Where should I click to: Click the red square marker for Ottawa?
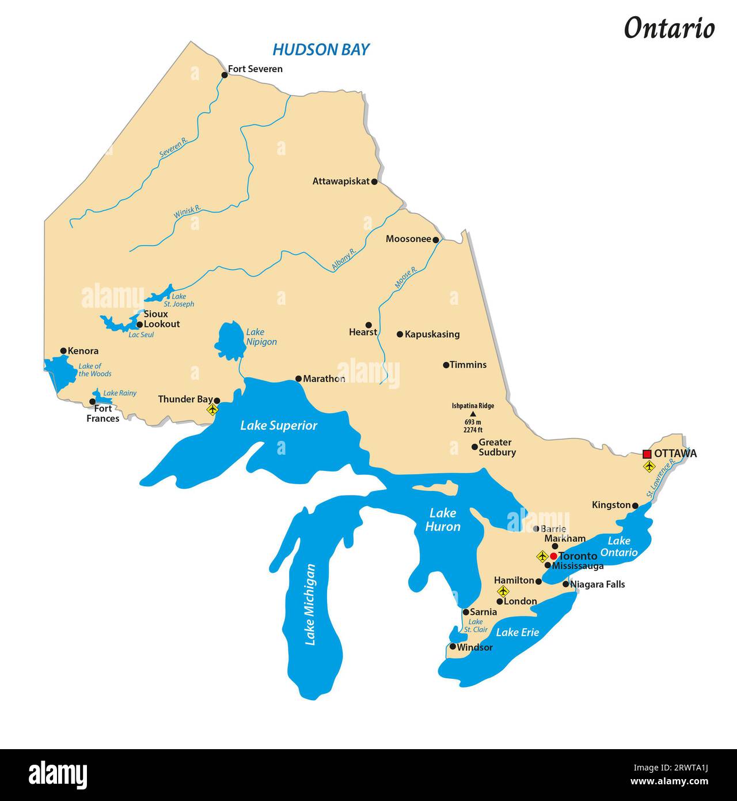[x=647, y=454]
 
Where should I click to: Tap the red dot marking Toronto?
[x=553, y=556]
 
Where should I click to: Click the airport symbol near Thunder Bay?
[x=212, y=410]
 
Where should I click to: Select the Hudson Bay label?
[x=321, y=50]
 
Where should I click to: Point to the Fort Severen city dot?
[x=225, y=75]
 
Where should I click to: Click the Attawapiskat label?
[x=341, y=181]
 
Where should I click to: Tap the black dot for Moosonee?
[x=436, y=240]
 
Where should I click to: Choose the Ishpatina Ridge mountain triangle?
[x=473, y=414]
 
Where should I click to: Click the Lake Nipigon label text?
[x=261, y=337]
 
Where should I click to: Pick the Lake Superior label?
[x=279, y=425]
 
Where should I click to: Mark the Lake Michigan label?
[x=310, y=604]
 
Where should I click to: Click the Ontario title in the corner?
[x=669, y=28]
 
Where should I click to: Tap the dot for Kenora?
[x=63, y=350]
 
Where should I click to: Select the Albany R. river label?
[x=345, y=260]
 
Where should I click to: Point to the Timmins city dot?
[x=446, y=365]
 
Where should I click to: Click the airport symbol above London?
[x=503, y=591]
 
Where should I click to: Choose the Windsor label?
[x=474, y=647]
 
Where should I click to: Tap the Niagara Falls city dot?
[x=565, y=584]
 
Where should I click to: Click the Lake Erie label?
[x=518, y=632]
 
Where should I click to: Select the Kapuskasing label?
[x=432, y=334]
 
